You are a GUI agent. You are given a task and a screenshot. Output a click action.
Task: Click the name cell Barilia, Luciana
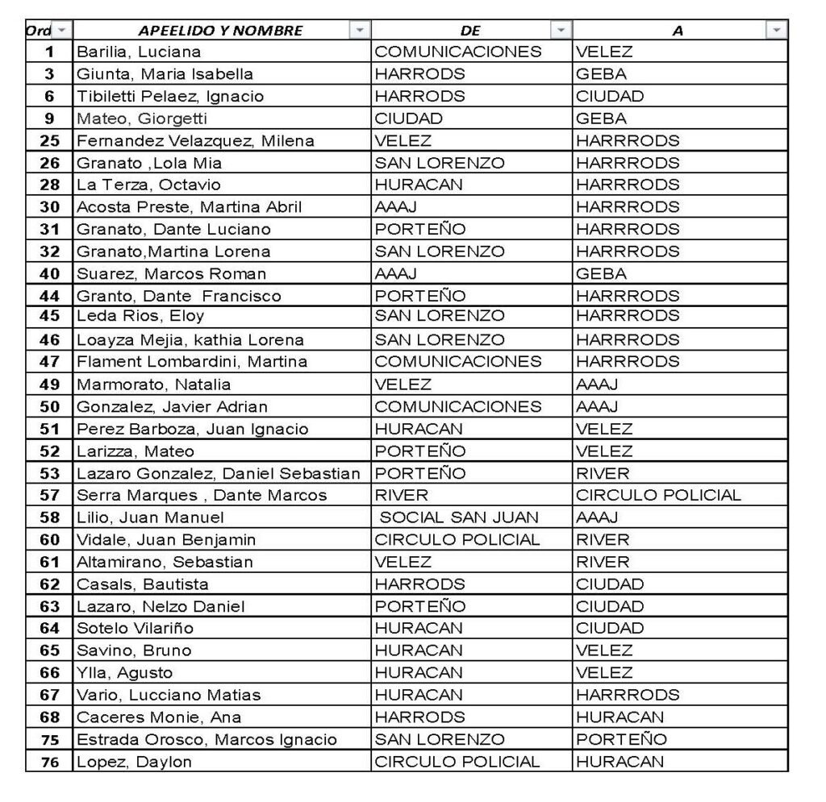139,52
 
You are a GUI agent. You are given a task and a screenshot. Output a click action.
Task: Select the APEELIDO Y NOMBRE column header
220,31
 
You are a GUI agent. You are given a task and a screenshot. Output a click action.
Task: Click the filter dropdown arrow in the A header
776,31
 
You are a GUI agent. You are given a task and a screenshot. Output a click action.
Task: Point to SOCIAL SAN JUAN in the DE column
459,517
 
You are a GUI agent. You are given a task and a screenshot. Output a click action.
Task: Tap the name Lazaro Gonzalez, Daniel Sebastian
218,473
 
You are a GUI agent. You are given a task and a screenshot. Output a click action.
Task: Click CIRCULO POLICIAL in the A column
658,496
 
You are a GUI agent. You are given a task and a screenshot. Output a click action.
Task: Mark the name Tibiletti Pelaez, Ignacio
170,97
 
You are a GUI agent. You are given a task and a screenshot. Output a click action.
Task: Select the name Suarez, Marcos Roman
171,274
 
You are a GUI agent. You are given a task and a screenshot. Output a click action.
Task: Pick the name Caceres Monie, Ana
159,717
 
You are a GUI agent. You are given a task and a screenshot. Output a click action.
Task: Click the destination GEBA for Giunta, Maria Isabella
601,74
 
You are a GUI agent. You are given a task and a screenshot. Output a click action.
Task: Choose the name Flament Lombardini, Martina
192,362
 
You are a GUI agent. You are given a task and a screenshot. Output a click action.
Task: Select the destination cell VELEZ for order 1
604,52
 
